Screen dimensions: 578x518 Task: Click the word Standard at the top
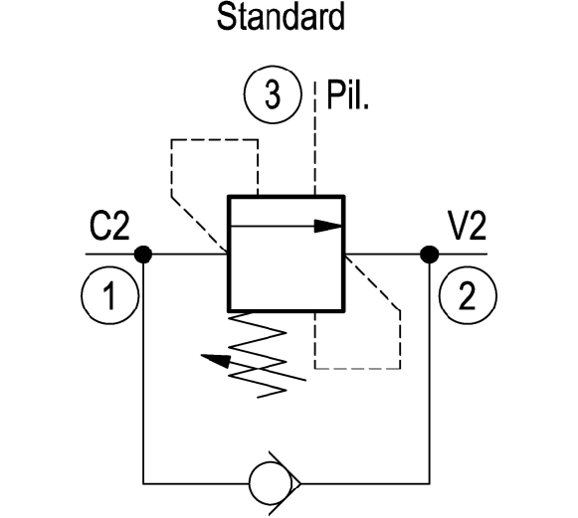[281, 17]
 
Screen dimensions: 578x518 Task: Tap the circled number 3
[273, 94]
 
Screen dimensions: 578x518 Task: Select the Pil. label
[347, 95]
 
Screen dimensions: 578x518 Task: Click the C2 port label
[109, 227]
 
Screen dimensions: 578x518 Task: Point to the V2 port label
[467, 226]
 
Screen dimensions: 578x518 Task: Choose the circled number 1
[109, 295]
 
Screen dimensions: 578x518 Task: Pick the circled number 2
[468, 295]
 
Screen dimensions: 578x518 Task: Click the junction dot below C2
[142, 255]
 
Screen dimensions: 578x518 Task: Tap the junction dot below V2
[430, 255]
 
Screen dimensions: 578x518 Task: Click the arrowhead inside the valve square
[328, 226]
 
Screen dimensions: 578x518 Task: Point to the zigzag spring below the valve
[258, 355]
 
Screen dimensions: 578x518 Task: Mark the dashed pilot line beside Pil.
[314, 138]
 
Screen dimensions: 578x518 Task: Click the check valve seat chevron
[285, 483]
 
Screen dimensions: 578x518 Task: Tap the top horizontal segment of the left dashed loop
[215, 140]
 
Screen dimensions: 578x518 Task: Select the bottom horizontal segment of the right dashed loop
[357, 368]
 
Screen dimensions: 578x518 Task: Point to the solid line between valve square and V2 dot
[383, 255]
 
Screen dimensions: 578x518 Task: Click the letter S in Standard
[226, 17]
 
